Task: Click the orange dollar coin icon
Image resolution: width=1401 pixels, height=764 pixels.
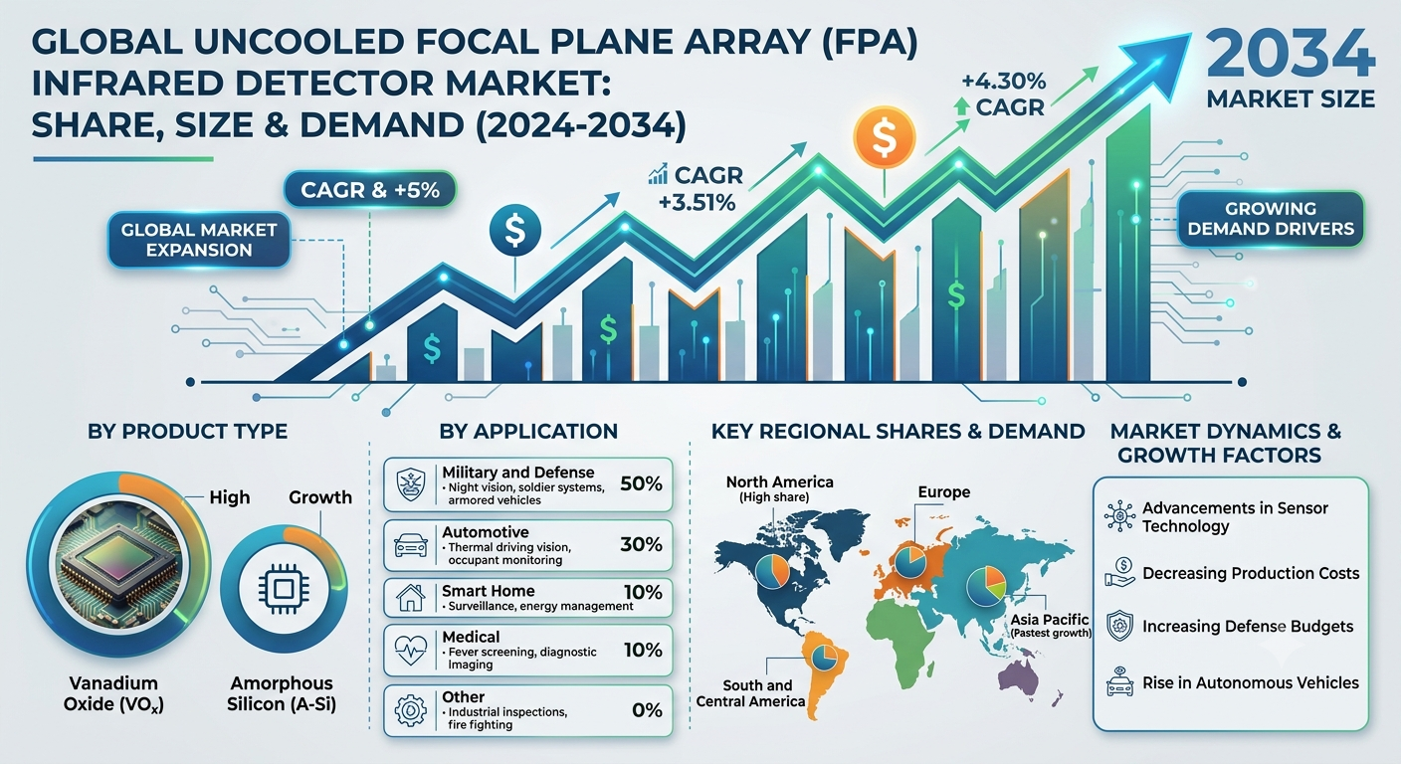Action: click(x=885, y=137)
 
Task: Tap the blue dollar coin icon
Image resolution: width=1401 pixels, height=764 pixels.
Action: click(x=515, y=230)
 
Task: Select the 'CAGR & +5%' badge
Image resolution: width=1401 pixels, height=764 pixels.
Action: click(x=369, y=189)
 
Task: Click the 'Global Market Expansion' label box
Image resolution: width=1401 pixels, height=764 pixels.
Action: click(x=199, y=240)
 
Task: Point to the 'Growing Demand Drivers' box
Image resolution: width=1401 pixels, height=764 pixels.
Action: click(x=1271, y=219)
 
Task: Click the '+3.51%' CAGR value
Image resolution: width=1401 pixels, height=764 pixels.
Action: click(x=697, y=203)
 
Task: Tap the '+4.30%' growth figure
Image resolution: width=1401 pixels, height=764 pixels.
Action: click(x=1003, y=82)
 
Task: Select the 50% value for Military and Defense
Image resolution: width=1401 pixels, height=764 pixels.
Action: click(x=641, y=483)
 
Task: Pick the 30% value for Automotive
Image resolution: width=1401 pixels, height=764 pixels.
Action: click(x=641, y=544)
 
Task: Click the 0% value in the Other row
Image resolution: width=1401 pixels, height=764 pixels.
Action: click(x=647, y=710)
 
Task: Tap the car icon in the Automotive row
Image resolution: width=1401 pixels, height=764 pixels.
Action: click(x=410, y=545)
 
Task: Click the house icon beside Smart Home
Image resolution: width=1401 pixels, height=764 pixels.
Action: click(x=410, y=598)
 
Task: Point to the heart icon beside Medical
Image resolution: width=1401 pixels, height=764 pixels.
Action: click(x=410, y=651)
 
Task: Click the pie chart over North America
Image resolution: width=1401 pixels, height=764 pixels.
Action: click(x=772, y=571)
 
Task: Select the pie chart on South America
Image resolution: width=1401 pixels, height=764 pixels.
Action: click(x=824, y=657)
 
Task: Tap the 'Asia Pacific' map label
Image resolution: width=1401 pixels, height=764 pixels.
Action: click(x=1050, y=620)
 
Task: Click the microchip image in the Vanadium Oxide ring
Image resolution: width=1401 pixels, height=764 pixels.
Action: click(x=118, y=564)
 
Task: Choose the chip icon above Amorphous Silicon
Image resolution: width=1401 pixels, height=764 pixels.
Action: click(x=284, y=588)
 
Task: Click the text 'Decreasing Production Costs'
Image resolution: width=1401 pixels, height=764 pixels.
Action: click(x=1251, y=573)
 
